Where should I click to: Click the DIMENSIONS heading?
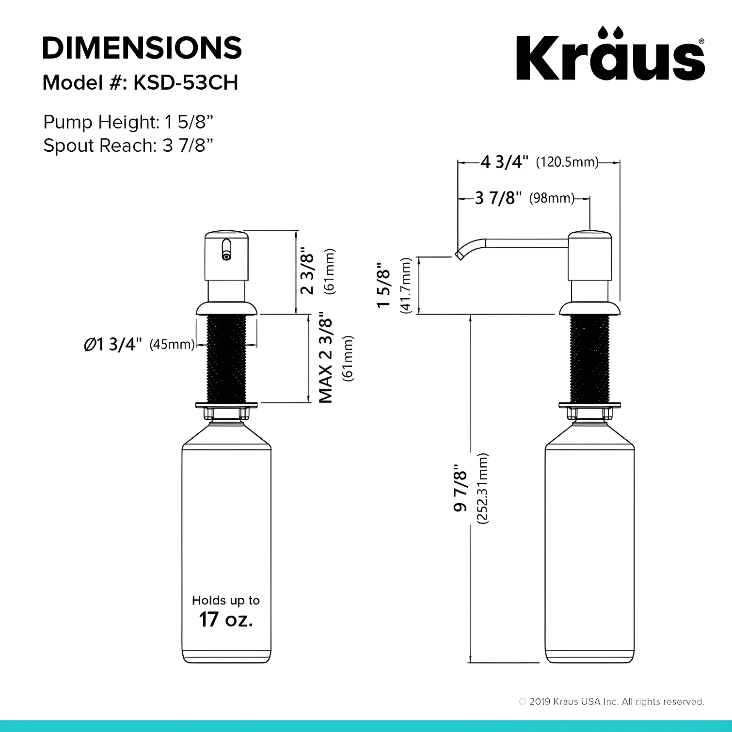(142, 48)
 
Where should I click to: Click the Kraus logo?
(610, 54)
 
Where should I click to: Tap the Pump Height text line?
(128, 122)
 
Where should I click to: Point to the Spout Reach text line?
(128, 145)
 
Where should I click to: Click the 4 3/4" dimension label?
(505, 162)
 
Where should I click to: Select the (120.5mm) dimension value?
(567, 162)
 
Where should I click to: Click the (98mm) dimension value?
(552, 198)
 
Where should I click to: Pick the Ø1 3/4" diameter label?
(113, 344)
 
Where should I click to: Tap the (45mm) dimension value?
(172, 345)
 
